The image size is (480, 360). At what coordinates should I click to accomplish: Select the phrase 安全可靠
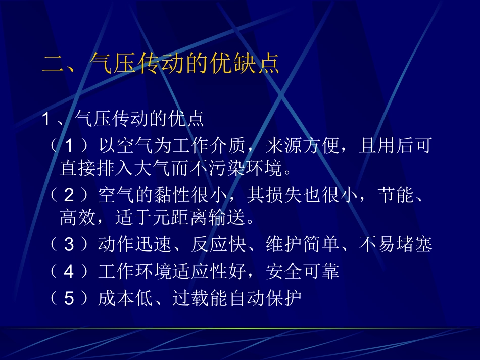click(302, 272)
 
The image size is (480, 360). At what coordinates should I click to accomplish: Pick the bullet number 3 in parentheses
click(69, 245)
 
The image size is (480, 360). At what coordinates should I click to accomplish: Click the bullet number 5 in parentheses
click(69, 299)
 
